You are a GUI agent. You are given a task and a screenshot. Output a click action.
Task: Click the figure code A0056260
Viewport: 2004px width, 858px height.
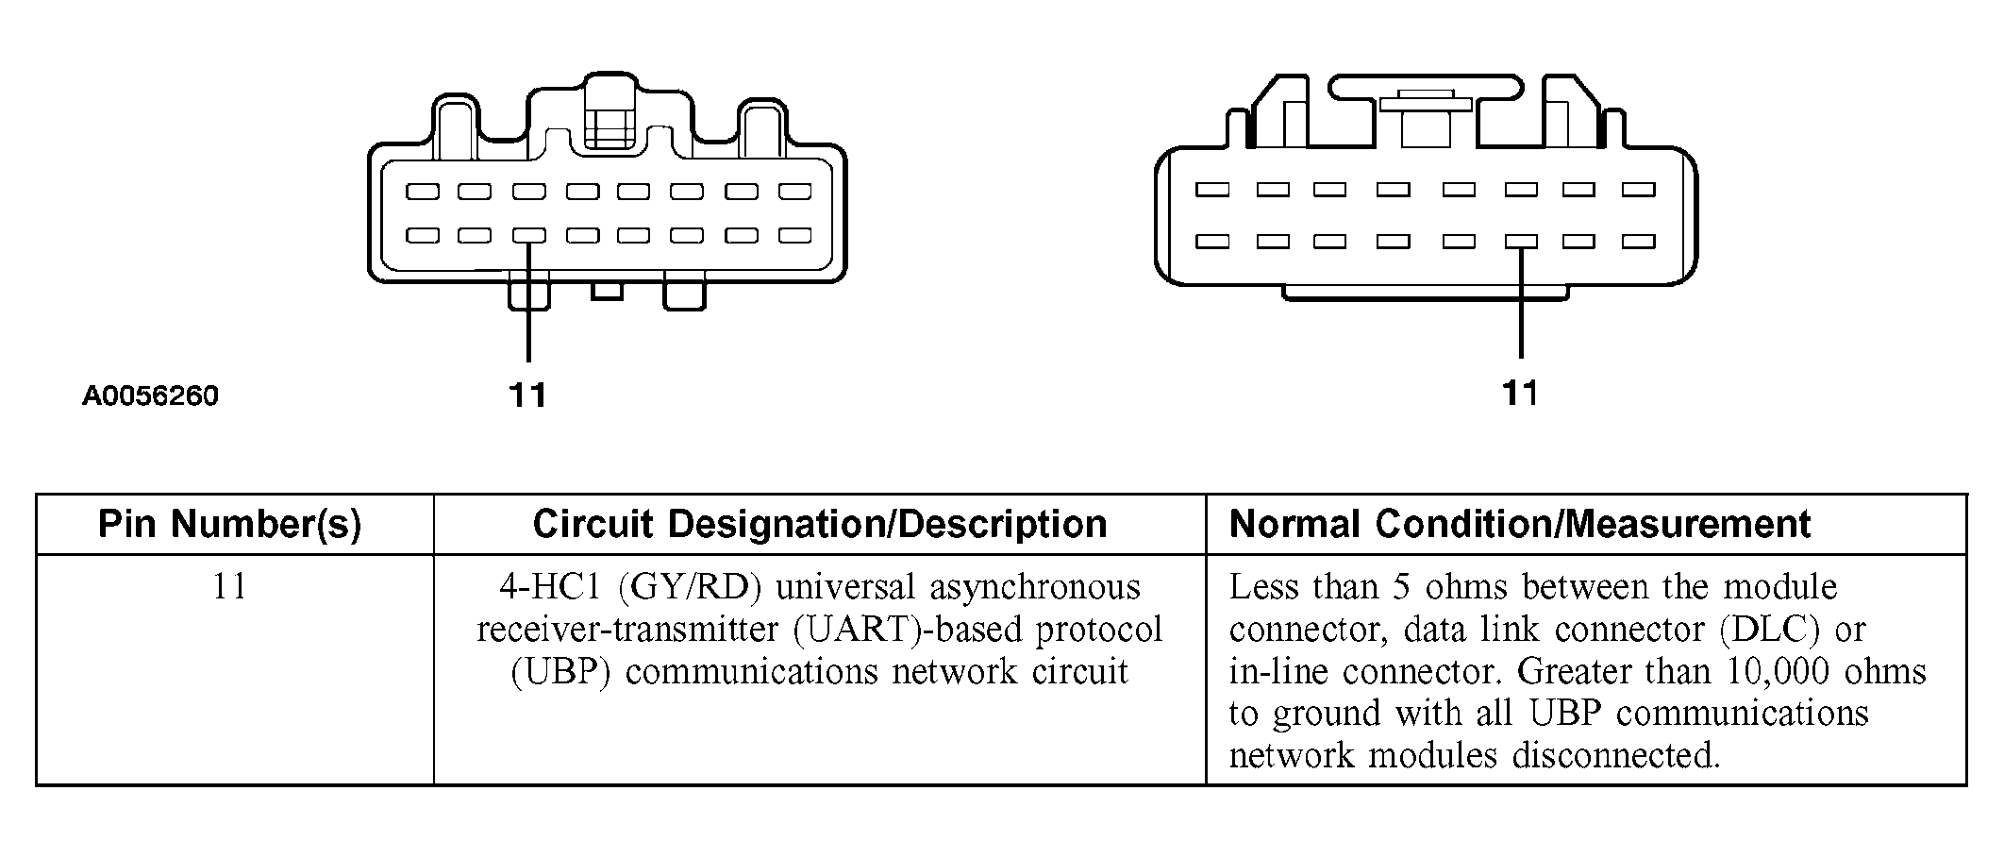(150, 395)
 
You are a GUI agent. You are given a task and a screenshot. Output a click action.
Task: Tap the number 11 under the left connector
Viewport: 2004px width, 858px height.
(527, 395)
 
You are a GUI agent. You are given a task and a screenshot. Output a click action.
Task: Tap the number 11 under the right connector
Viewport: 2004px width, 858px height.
(1520, 392)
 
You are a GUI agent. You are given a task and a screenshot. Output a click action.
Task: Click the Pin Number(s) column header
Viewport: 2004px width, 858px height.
(230, 524)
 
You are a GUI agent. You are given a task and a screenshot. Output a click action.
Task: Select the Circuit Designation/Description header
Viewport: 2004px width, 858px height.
(819, 524)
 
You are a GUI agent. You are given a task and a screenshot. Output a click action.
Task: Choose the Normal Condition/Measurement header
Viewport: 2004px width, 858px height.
(1520, 524)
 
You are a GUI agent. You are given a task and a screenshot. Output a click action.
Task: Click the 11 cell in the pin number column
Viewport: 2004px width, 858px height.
(230, 587)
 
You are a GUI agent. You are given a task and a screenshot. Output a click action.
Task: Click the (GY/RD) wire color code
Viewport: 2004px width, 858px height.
(690, 588)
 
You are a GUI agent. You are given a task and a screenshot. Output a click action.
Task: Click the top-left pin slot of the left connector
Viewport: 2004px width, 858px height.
(423, 192)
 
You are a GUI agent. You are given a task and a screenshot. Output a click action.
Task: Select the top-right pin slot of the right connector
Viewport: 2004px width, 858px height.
(1639, 190)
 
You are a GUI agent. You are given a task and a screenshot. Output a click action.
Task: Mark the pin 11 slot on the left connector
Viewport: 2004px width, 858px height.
(529, 236)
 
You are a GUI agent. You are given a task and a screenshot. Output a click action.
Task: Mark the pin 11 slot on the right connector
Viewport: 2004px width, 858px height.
(1521, 242)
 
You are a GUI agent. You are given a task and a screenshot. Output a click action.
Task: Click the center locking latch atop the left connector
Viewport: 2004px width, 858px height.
(609, 113)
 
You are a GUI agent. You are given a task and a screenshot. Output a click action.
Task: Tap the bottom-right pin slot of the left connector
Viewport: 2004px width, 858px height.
(795, 235)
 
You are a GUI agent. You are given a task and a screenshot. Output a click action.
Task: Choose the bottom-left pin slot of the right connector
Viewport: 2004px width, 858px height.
(1212, 242)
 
